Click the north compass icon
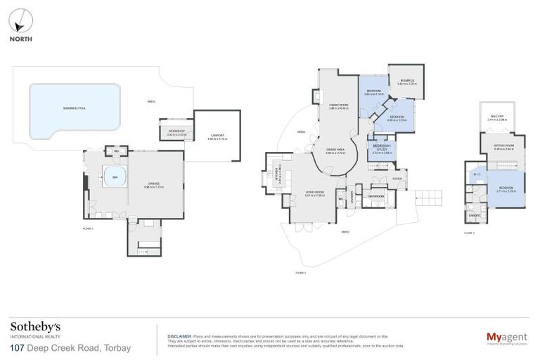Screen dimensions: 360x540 pos(20,20)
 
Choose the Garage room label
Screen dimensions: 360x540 pos(154,186)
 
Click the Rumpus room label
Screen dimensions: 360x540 pos(407,82)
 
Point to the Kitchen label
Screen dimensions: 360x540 pos(276,178)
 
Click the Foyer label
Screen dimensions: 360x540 pos(398,177)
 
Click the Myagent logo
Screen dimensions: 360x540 pos(507,337)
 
